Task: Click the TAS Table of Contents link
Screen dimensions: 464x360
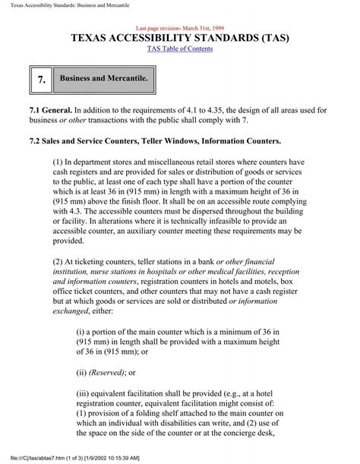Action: [x=179, y=49]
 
